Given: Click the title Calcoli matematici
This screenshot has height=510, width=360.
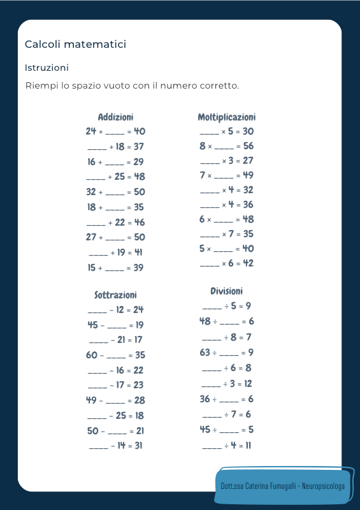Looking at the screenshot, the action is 75,44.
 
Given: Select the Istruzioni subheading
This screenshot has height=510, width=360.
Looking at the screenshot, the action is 47,67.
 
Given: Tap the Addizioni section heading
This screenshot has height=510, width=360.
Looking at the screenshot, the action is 115,117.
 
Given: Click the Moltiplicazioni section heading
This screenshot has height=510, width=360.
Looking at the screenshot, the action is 227,117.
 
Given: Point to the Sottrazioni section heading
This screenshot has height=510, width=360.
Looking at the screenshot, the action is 115,295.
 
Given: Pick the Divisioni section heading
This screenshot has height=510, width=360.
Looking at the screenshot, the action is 227,291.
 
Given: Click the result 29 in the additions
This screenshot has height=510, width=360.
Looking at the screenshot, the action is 138,162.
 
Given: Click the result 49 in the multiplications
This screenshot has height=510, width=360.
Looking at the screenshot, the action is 248,175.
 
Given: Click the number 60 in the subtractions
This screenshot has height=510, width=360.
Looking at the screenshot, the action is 92,355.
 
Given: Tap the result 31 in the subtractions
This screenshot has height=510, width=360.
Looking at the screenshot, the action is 138,446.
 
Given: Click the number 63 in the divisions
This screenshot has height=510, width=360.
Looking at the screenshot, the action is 205,352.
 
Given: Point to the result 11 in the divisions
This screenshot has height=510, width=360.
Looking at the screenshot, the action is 247,445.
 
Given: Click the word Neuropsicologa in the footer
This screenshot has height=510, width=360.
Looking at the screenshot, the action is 322,486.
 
